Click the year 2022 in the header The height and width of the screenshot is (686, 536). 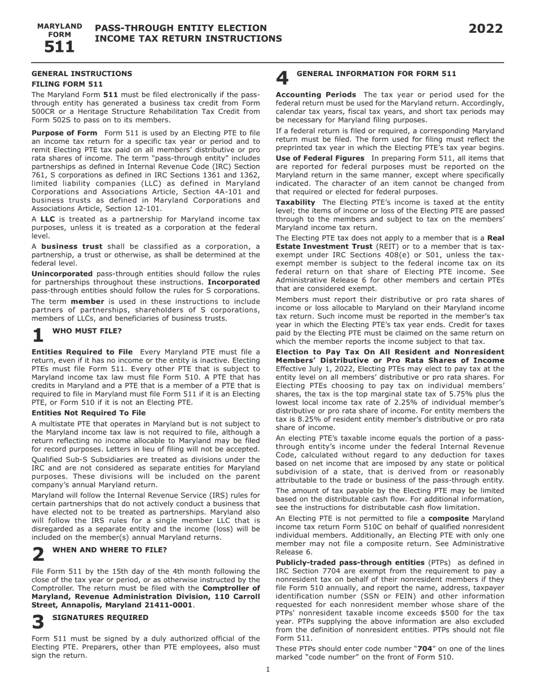click(x=485, y=29)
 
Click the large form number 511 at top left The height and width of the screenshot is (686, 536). click(x=59, y=47)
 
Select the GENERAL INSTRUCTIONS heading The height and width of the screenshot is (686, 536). click(x=82, y=73)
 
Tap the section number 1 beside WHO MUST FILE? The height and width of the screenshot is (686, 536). click(x=38, y=335)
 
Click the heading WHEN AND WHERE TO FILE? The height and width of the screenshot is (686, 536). click(x=109, y=549)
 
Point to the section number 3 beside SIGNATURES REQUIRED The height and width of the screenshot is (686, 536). click(x=38, y=622)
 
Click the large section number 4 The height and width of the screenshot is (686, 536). click(x=282, y=78)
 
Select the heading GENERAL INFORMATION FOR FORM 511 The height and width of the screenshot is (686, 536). click(x=376, y=73)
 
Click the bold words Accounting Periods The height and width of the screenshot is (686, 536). click(x=315, y=95)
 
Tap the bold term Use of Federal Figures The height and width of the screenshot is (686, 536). click(x=320, y=159)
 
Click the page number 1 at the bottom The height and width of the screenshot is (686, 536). click(x=268, y=670)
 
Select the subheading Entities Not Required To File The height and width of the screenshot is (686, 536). click(x=89, y=413)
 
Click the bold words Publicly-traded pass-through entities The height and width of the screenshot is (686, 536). click(x=350, y=562)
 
